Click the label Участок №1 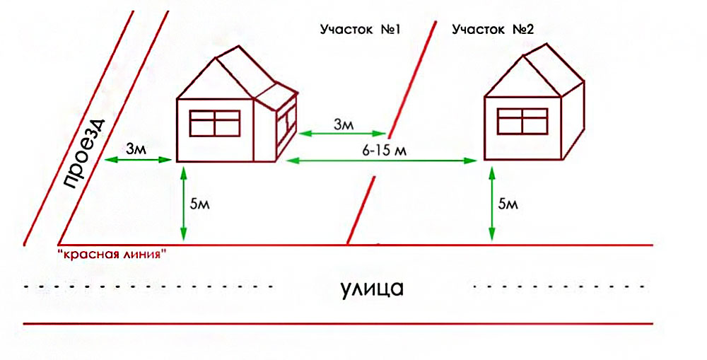(x=361, y=30)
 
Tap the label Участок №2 (x=493, y=30)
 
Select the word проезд (x=83, y=154)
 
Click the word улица (x=371, y=288)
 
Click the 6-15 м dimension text (x=384, y=150)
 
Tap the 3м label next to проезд (x=136, y=149)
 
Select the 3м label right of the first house (x=344, y=124)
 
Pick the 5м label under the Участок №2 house (x=508, y=204)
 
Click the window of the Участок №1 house (x=215, y=123)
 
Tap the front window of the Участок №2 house (x=522, y=121)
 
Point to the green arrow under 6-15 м (x=382, y=160)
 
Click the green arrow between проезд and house (x=138, y=159)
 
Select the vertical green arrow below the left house (x=183, y=204)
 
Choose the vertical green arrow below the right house (x=491, y=203)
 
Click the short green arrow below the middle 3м (x=343, y=133)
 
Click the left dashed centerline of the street (x=148, y=286)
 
